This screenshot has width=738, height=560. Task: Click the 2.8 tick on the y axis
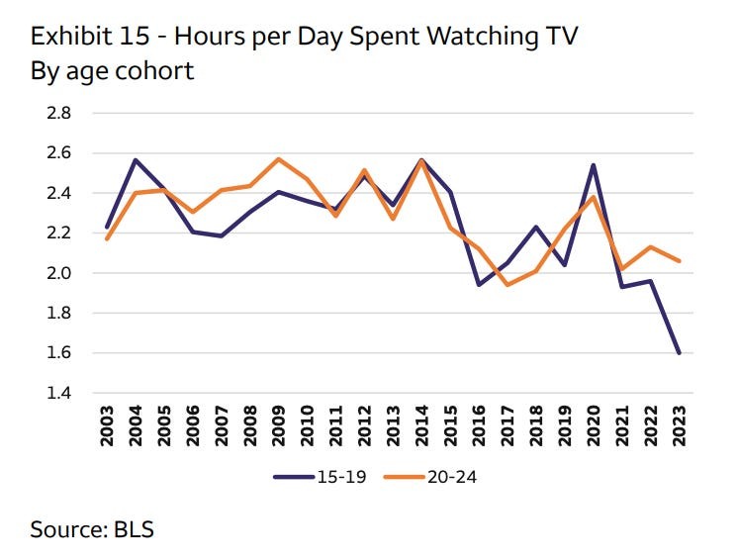coord(58,113)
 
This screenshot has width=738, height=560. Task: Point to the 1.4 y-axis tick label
coord(58,393)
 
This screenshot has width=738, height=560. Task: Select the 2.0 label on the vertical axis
coord(58,273)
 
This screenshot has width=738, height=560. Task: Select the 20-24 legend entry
coord(430,476)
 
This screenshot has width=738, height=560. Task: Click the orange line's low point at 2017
coord(507,285)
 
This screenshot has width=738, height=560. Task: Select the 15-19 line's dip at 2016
coord(477,285)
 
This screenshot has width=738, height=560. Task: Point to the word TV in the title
coord(557,37)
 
